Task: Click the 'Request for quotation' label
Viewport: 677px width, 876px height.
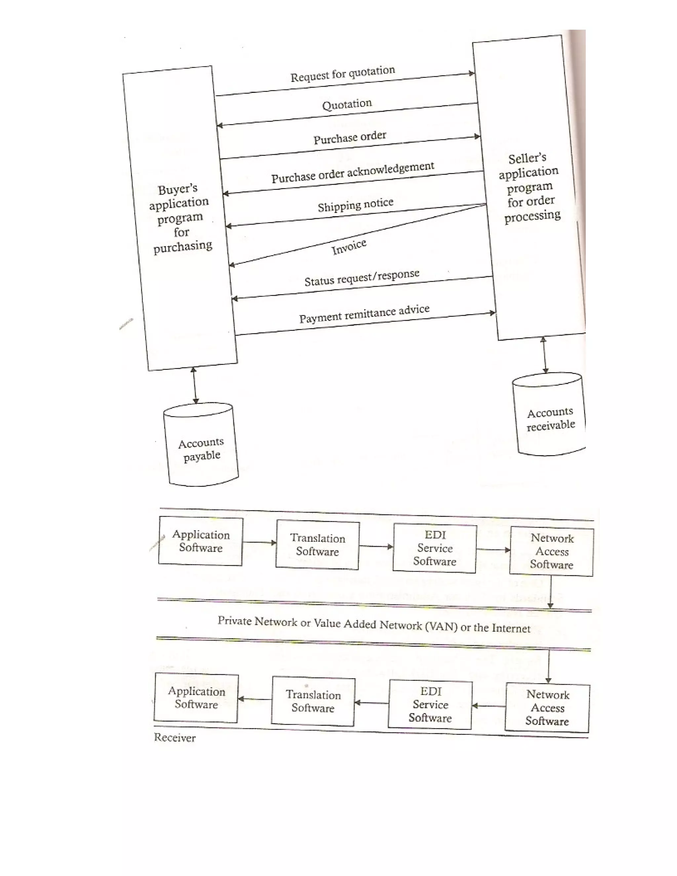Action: click(342, 74)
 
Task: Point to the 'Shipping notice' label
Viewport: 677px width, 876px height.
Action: click(355, 205)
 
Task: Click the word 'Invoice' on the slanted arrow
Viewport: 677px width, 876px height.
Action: click(349, 246)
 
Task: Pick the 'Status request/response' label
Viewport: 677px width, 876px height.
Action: click(362, 278)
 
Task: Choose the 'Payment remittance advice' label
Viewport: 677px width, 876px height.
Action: click(364, 314)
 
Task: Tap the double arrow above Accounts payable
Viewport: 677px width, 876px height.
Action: click(194, 385)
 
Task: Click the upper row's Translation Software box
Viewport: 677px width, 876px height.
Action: click(317, 545)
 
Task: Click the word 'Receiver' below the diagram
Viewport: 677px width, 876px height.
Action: click(175, 738)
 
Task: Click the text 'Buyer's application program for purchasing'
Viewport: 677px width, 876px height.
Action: click(181, 219)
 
